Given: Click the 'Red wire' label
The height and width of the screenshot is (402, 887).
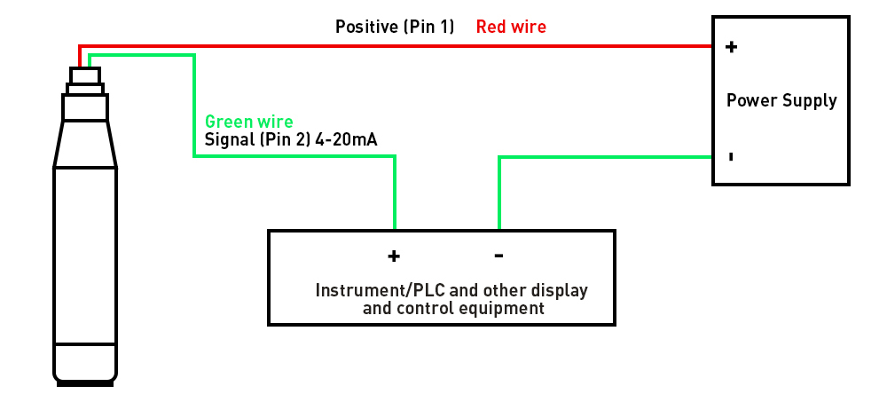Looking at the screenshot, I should point(511,27).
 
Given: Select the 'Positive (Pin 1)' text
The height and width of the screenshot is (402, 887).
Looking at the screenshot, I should point(394,27).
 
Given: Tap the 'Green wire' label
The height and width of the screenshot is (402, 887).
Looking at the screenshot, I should point(248,122).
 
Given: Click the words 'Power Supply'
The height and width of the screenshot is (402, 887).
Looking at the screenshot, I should point(781,100).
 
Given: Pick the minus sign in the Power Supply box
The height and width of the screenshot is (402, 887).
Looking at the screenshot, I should point(730,157).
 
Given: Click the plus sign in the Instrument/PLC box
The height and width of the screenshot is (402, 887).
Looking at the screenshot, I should point(394,256).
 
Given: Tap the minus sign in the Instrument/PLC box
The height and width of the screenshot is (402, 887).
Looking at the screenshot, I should point(498,256).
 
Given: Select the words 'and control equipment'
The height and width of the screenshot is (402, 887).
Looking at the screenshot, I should point(453,309).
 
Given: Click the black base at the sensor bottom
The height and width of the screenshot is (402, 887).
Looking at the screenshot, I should point(85,383).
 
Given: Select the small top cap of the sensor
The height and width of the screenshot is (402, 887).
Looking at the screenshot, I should point(85,75).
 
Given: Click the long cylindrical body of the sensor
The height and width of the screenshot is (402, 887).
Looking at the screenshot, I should point(85,257).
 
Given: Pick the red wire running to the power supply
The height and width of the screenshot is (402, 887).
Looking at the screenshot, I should point(399,46).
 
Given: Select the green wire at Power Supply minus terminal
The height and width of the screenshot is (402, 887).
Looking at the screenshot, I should point(621,157).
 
